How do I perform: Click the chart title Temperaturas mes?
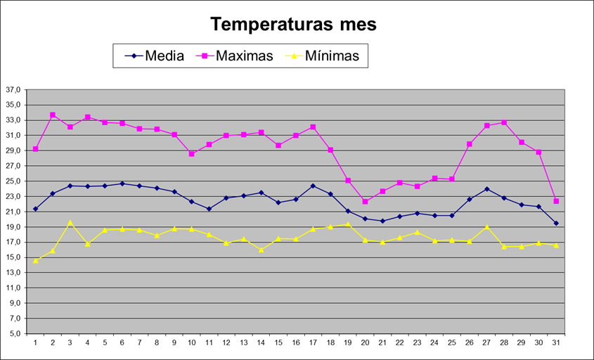(294, 24)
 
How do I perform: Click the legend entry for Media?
(164, 56)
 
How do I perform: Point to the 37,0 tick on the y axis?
(13, 90)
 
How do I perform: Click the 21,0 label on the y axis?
(13, 212)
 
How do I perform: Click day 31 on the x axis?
(556, 343)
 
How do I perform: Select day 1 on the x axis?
(35, 343)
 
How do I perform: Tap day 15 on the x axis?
(278, 343)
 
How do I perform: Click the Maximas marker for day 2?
(53, 115)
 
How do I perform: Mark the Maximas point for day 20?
(366, 202)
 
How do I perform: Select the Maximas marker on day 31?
(556, 201)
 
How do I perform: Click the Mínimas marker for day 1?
(35, 261)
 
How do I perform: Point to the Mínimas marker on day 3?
(70, 222)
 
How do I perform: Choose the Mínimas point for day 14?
(261, 250)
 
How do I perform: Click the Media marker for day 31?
(556, 224)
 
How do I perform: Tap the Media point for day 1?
(35, 209)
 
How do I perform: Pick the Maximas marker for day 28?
(504, 122)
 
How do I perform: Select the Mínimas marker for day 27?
(486, 227)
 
